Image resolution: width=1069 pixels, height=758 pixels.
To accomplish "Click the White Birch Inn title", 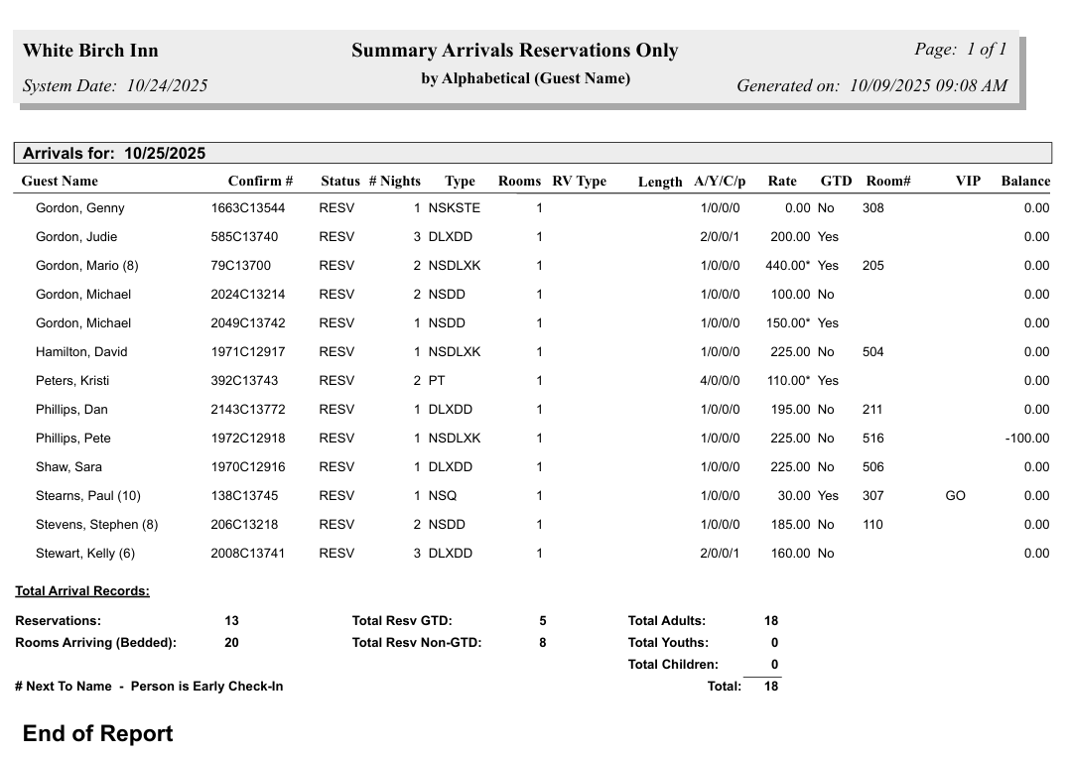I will click(90, 51).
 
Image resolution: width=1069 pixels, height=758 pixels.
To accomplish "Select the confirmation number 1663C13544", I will click(247, 208).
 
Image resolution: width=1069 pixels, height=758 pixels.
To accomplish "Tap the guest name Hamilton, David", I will click(81, 352).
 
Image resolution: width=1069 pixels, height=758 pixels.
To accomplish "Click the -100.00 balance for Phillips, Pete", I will click(1026, 439).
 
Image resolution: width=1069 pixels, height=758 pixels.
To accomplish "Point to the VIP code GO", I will click(955, 496).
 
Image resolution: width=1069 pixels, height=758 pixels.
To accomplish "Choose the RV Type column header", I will click(579, 182).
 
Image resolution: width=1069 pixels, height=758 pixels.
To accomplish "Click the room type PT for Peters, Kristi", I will click(437, 381).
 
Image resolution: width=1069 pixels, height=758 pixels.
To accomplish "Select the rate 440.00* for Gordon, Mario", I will click(789, 266).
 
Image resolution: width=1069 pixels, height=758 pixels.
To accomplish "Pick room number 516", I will click(872, 439).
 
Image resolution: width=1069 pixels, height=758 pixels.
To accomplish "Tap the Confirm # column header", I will click(260, 182).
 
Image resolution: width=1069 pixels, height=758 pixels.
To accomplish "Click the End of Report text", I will click(97, 733).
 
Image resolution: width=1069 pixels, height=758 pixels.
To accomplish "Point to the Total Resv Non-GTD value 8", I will click(543, 643).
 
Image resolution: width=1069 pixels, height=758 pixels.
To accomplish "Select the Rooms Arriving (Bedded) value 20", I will click(231, 643).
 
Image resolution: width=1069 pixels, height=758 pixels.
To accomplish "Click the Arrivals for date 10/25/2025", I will click(165, 154).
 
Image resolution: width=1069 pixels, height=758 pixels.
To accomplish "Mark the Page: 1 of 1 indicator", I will click(960, 50).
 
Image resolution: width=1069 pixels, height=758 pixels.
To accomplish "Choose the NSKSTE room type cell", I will click(455, 208).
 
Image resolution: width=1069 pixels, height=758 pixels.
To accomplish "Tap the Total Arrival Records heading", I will click(82, 591).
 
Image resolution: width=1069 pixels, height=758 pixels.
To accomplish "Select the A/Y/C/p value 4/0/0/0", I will click(720, 381).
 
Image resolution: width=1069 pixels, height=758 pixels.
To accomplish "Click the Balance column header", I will click(1024, 182).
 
